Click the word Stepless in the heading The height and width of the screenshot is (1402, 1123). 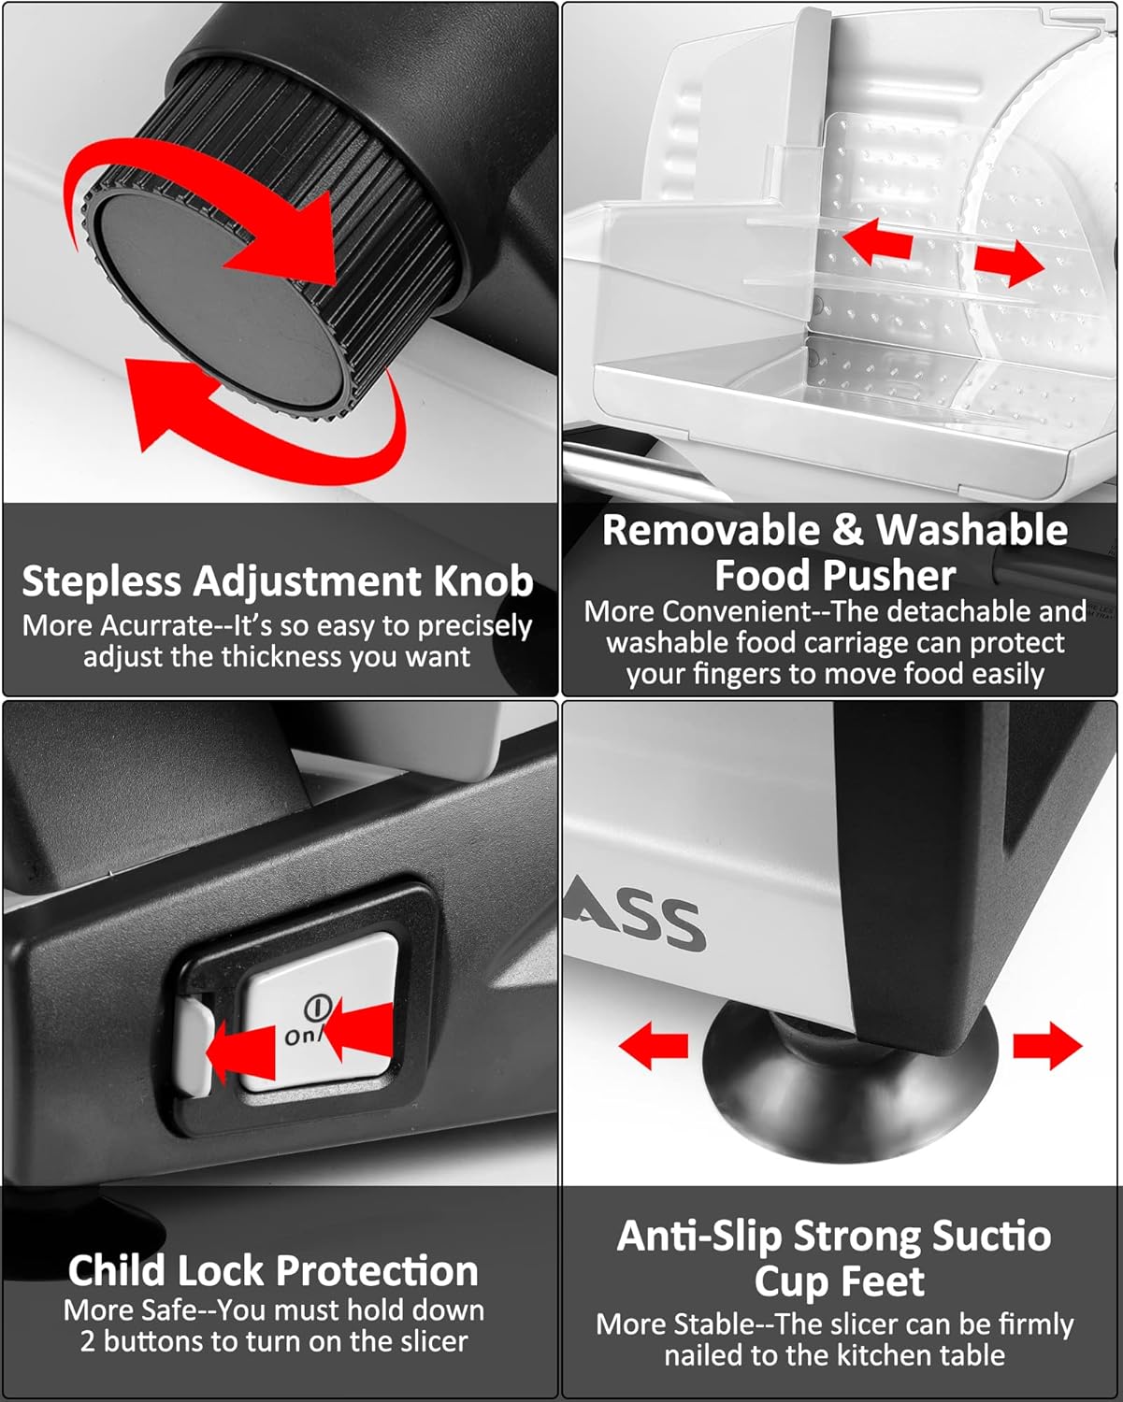tap(101, 581)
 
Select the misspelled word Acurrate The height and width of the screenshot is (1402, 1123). tap(158, 626)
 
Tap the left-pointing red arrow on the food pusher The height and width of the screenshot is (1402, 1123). tap(877, 242)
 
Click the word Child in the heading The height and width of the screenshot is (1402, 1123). tap(115, 1271)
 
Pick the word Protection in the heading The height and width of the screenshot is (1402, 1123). tap(377, 1271)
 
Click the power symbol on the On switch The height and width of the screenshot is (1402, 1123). tap(318, 1009)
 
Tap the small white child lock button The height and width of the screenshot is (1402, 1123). tap(194, 1047)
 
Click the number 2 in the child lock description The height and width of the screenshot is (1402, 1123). tap(88, 1341)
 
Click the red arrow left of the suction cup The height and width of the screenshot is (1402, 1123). tap(653, 1046)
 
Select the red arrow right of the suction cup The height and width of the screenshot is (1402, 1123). tap(1047, 1046)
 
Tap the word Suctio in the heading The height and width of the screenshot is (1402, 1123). tap(991, 1236)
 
